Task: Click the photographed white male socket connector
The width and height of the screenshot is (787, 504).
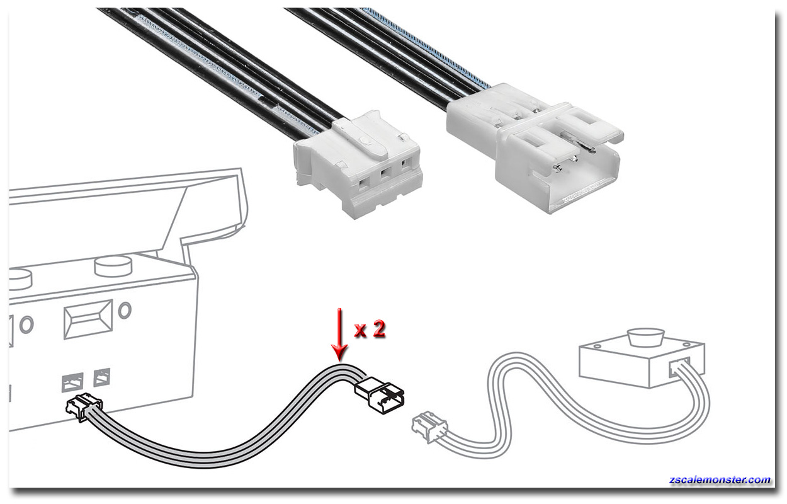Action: (x=535, y=148)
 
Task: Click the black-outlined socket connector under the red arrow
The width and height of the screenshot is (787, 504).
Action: (x=380, y=396)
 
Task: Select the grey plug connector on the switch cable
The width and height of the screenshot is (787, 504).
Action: (x=429, y=427)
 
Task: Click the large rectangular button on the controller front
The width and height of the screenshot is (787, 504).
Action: (x=89, y=318)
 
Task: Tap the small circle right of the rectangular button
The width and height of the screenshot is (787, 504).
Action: (x=125, y=310)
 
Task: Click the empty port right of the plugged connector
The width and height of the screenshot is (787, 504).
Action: (x=101, y=377)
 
